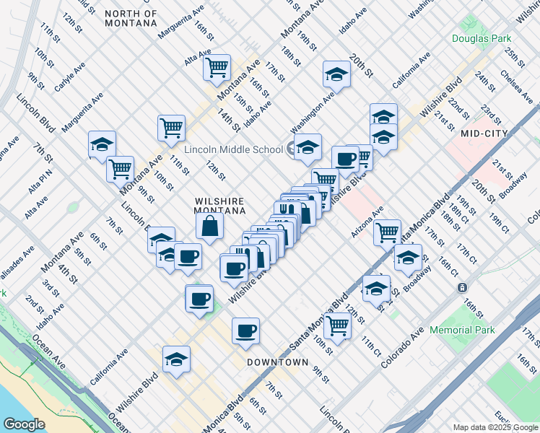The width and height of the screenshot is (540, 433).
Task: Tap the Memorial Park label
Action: (473, 330)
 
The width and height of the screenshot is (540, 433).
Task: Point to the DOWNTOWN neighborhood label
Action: (277, 362)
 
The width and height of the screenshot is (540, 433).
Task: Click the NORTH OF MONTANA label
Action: (130, 18)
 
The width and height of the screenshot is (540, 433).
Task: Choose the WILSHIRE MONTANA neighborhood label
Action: (220, 206)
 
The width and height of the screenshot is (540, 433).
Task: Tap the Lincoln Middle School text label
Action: (233, 150)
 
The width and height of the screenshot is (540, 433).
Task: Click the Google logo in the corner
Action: (24, 424)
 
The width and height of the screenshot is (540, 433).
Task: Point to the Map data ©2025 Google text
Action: (496, 427)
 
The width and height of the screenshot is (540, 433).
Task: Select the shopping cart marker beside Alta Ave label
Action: (217, 68)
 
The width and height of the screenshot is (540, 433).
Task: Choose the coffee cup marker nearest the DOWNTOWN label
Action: (245, 331)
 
